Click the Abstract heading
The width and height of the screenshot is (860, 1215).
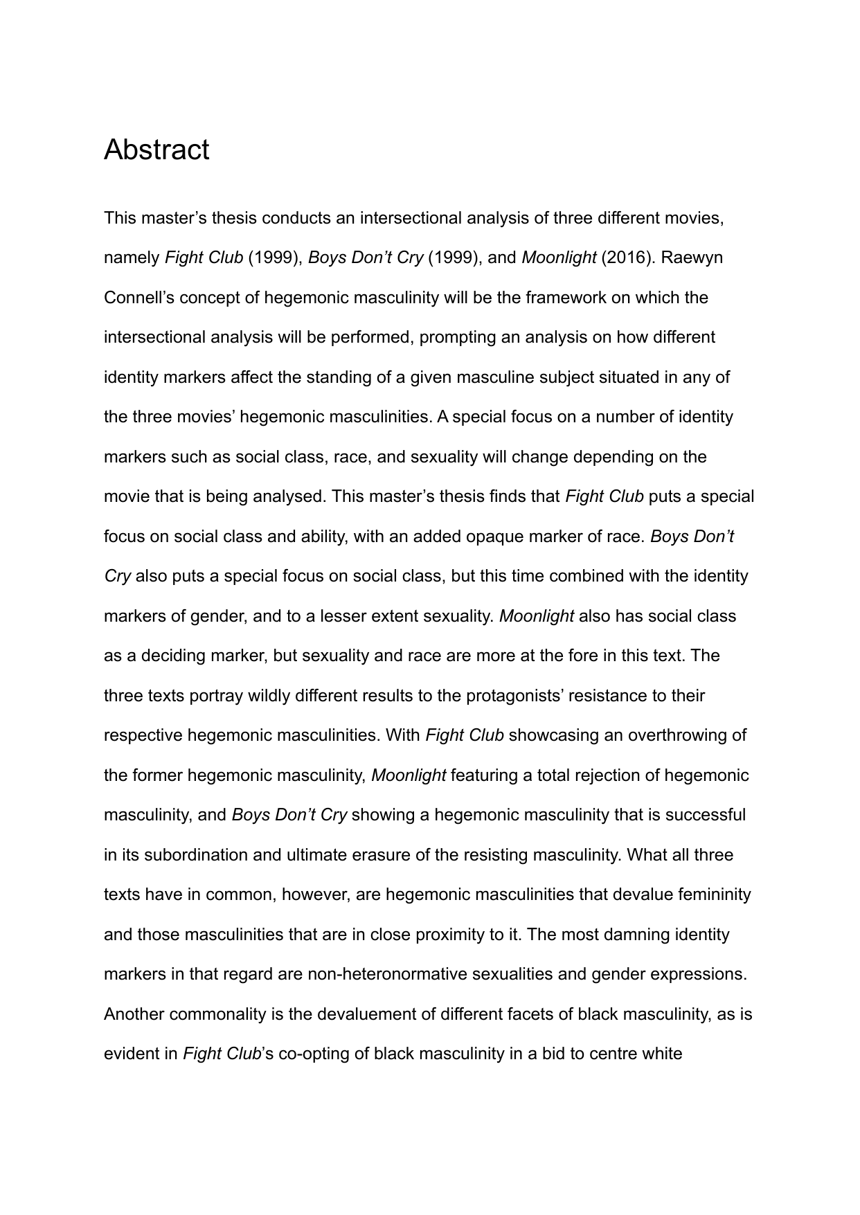pyautogui.click(x=156, y=150)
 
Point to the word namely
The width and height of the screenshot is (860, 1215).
pyautogui.click(x=132, y=258)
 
